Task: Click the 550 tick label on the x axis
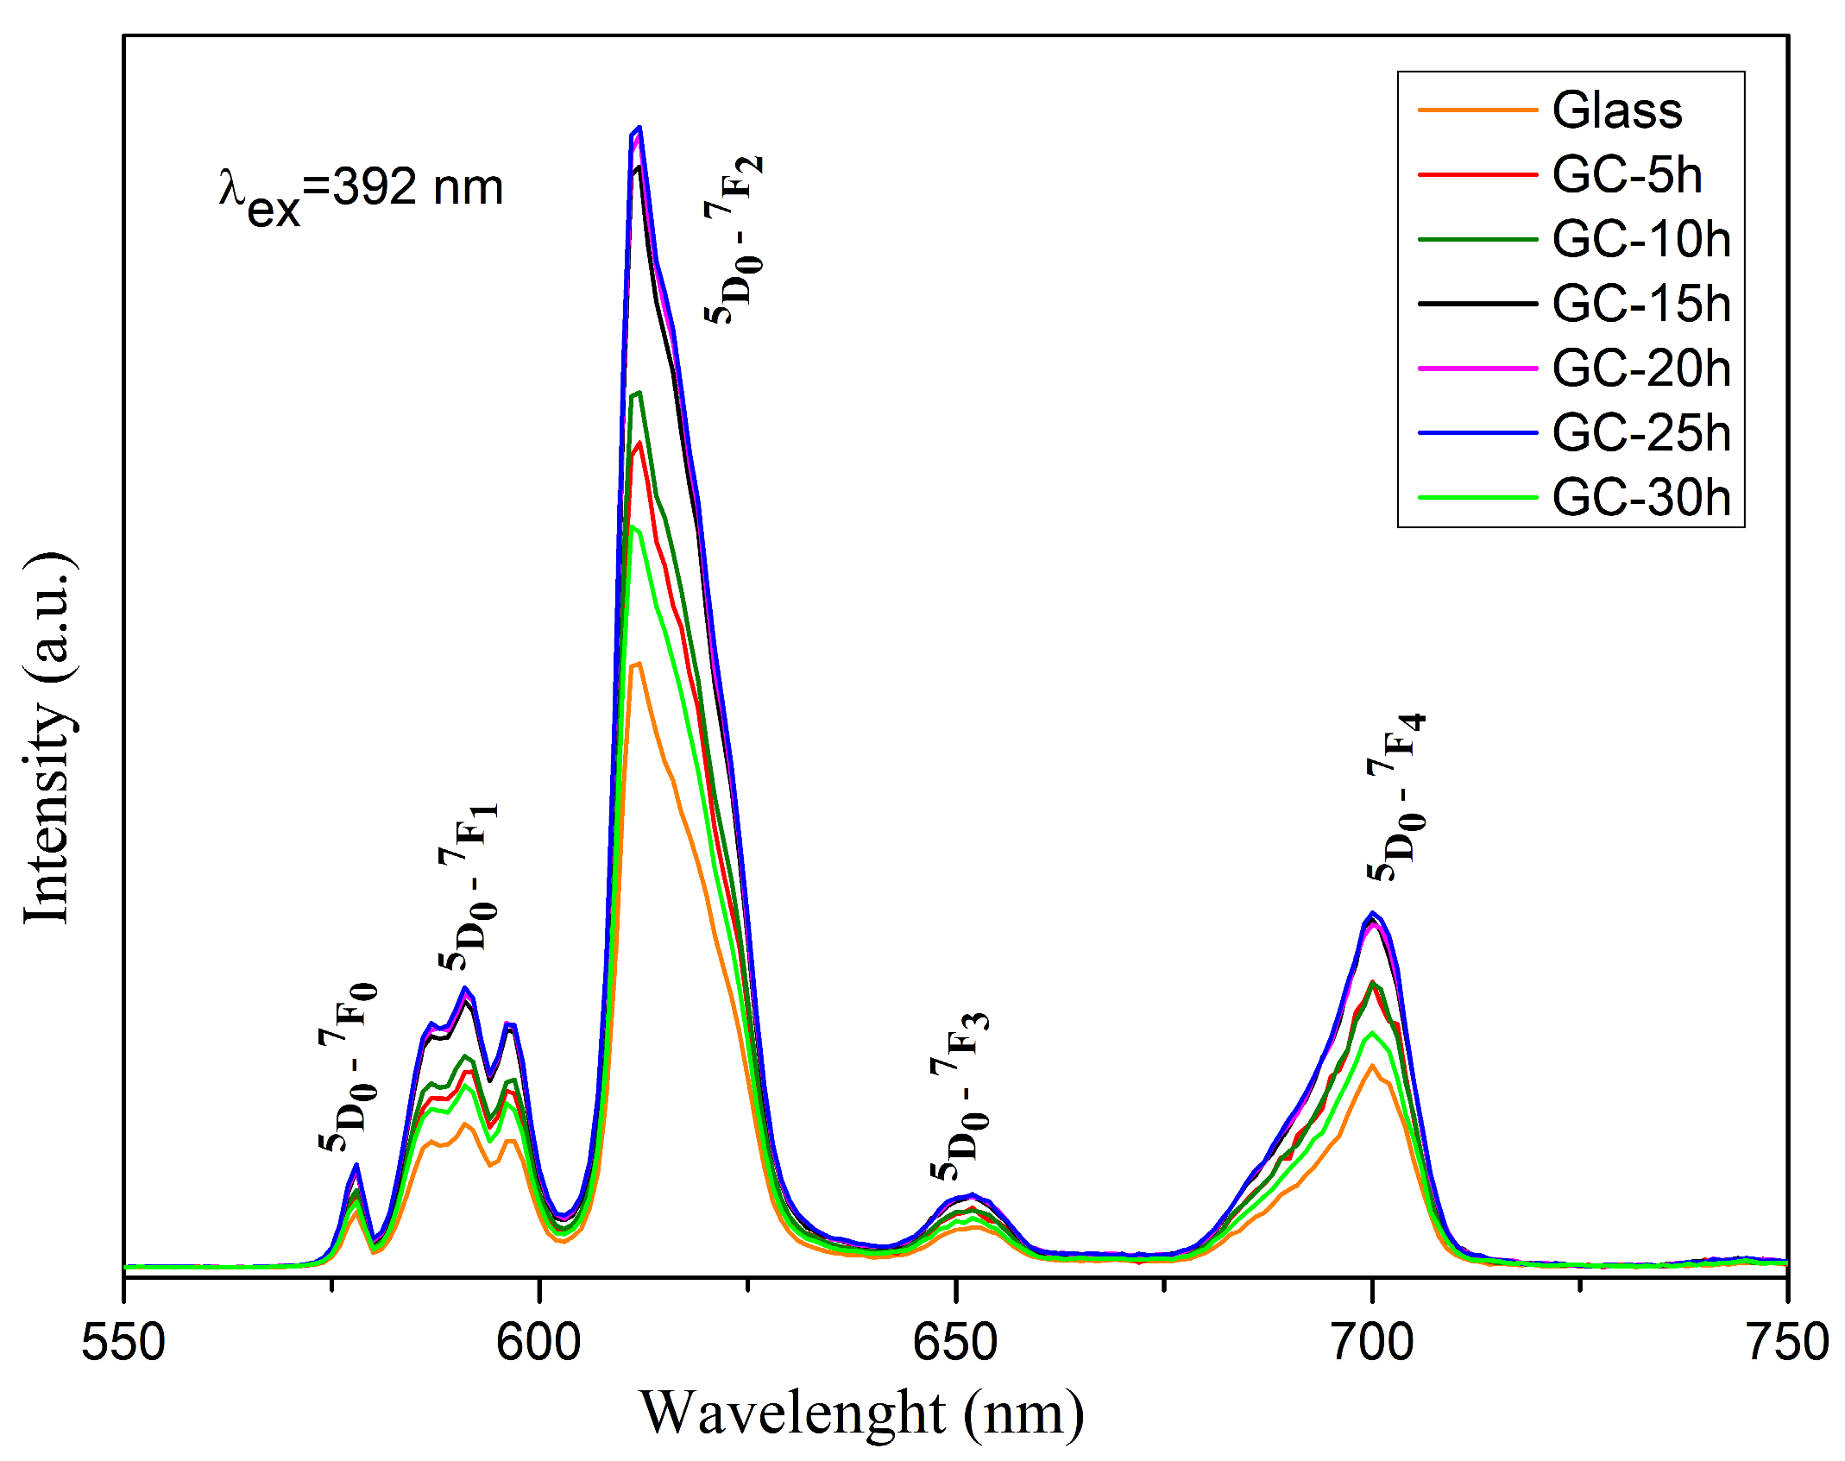[123, 1343]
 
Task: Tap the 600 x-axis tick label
[538, 1343]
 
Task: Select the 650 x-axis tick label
[955, 1343]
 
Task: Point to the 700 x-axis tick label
[1371, 1343]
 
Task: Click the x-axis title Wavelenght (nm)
[861, 1414]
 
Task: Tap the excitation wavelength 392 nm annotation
[361, 192]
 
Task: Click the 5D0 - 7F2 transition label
[734, 240]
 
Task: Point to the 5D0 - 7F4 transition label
[1396, 797]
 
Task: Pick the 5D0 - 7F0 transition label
[348, 1067]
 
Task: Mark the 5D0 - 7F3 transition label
[960, 1096]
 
